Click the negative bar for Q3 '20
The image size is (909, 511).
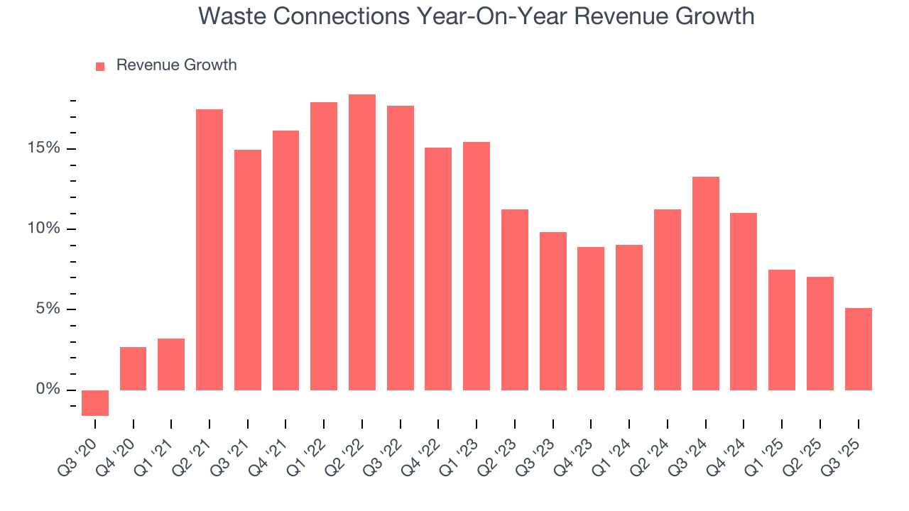click(x=95, y=402)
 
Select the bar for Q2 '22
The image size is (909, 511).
click(x=362, y=242)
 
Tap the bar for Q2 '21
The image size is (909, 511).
click(x=209, y=250)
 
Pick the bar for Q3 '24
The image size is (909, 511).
click(x=705, y=283)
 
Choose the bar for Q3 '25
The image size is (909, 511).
click(x=858, y=348)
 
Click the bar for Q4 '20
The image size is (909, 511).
click(x=134, y=368)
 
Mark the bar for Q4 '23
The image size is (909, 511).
click(x=591, y=319)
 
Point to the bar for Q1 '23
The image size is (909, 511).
click(x=477, y=266)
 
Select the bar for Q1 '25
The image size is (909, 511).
click(x=782, y=330)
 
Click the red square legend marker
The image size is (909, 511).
click(x=100, y=66)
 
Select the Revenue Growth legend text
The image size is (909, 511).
click(x=176, y=65)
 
